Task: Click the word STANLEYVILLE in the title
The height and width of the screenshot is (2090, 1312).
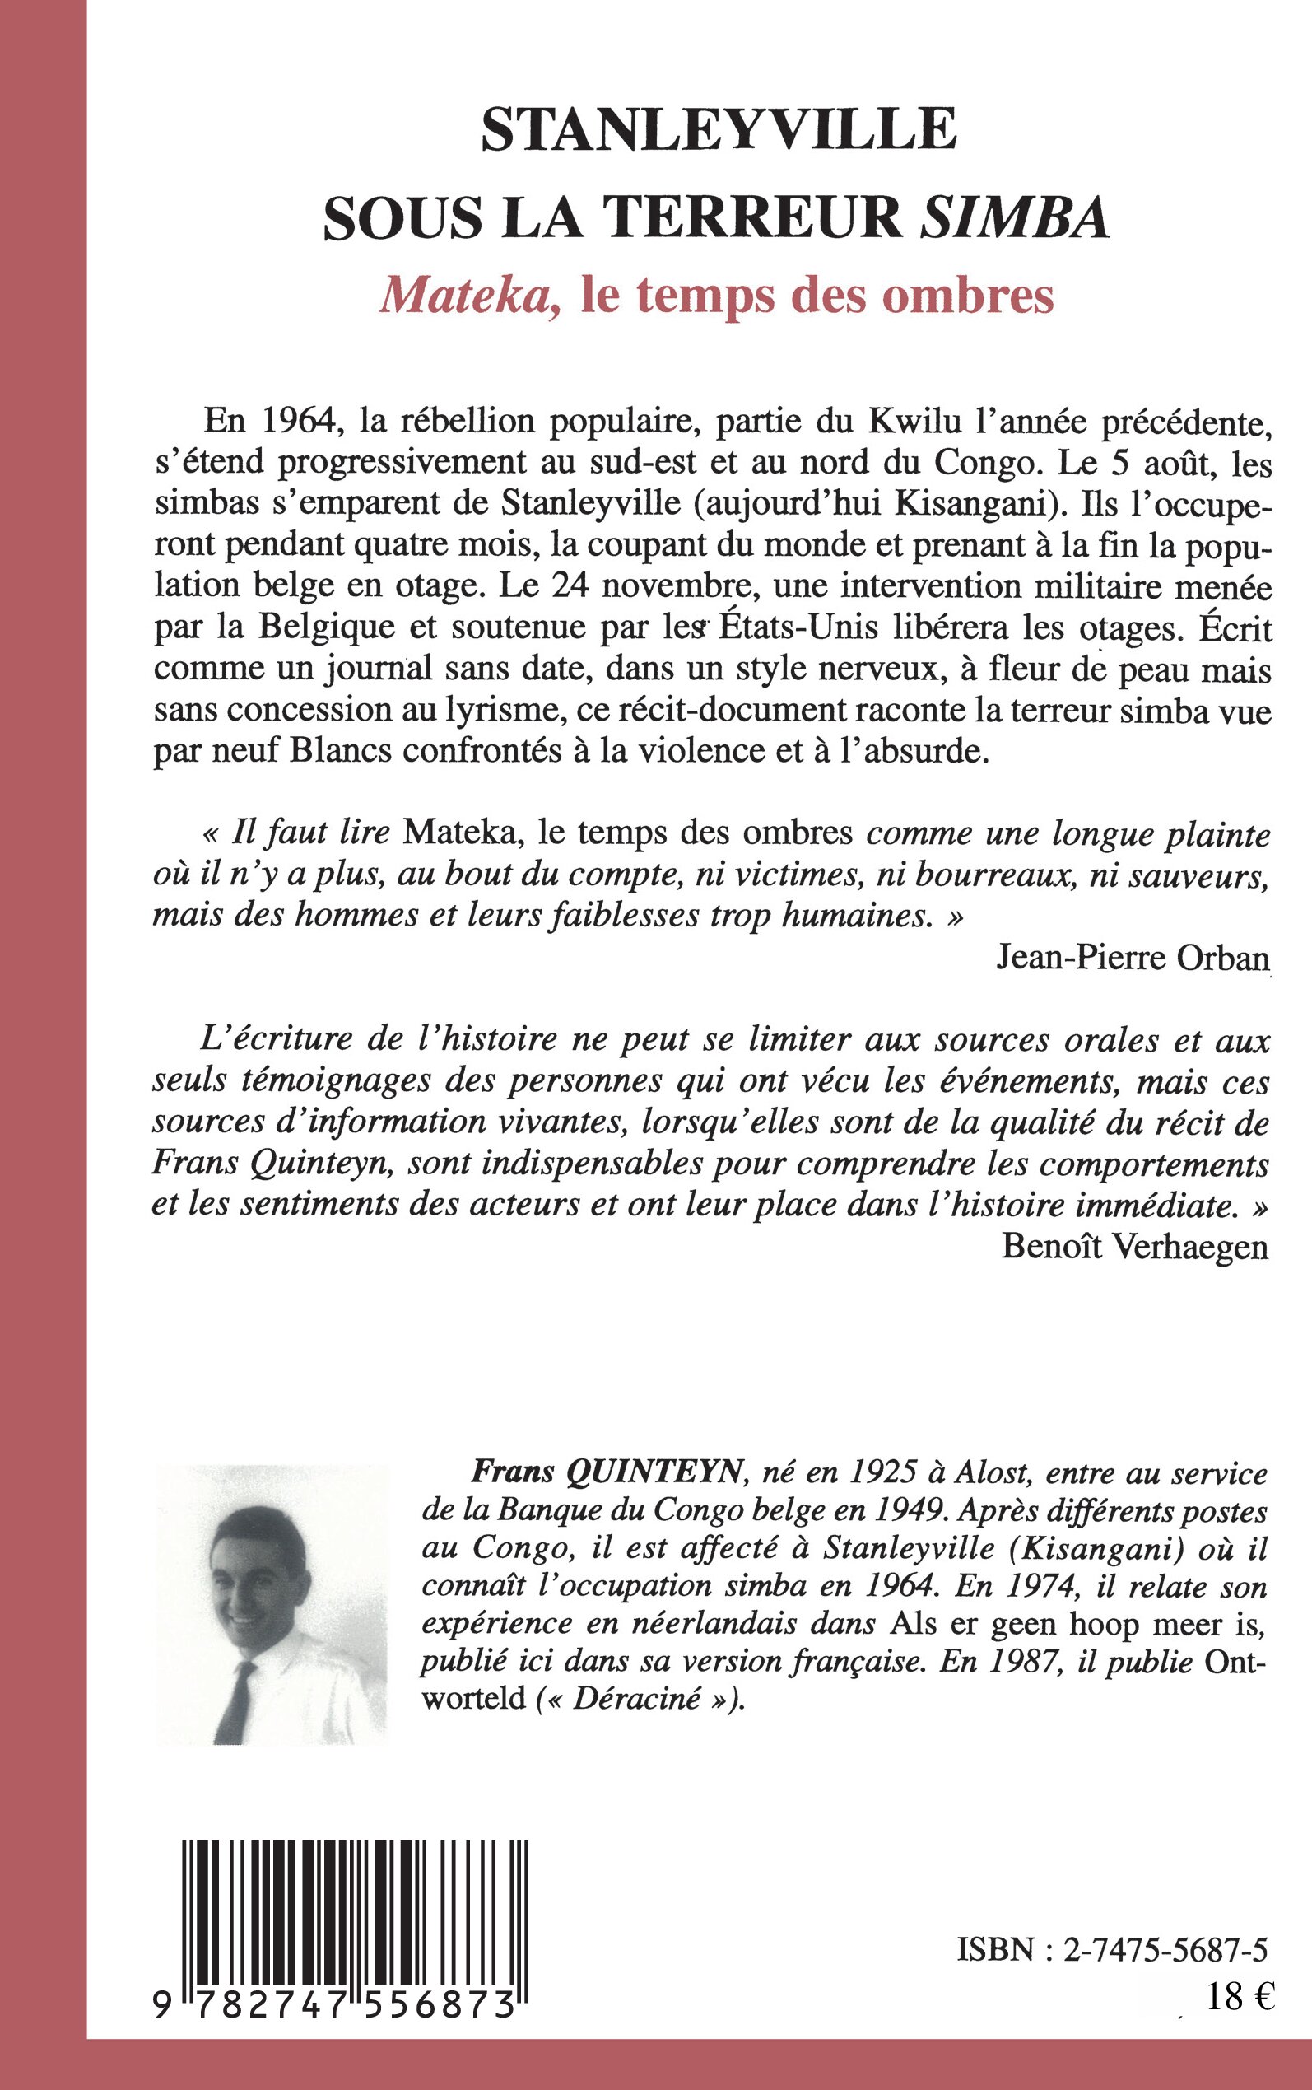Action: (x=719, y=130)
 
